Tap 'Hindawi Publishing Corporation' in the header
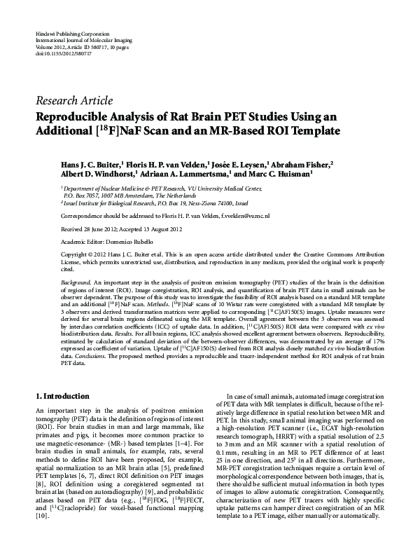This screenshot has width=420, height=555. [65, 34]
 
